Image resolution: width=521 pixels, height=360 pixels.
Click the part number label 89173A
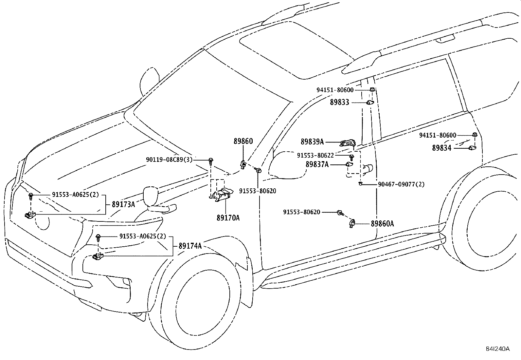[123, 204]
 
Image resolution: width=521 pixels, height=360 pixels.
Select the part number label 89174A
[190, 246]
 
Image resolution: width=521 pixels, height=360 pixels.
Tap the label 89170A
[228, 218]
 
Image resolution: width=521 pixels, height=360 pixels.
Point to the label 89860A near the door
[382, 223]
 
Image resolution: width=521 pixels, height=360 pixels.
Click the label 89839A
[312, 142]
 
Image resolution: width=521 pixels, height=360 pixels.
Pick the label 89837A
[317, 164]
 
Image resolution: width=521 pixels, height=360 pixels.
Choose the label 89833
[340, 102]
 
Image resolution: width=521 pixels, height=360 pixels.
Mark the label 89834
[442, 148]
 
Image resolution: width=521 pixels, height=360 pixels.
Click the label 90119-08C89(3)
[169, 160]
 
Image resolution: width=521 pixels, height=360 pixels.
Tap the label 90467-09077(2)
[401, 184]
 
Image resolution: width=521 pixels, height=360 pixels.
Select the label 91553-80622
[315, 155]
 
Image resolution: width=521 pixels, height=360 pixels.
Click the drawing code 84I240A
[498, 349]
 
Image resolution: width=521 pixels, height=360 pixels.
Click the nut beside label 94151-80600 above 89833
[372, 89]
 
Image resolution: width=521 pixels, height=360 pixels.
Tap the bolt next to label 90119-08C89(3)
[211, 161]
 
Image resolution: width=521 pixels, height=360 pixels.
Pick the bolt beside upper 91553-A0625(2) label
[30, 197]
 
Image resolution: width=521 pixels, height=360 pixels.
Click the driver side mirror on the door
[288, 165]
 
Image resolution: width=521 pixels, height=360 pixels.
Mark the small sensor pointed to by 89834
[472, 148]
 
